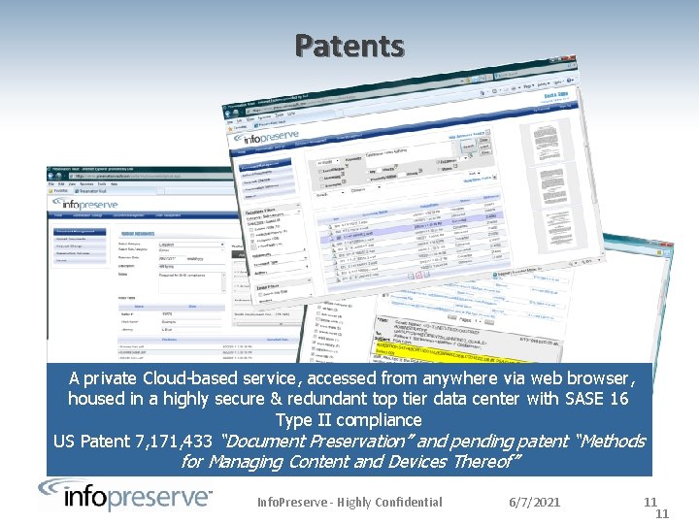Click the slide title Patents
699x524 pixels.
coord(349,46)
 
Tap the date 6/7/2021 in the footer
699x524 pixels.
coord(534,502)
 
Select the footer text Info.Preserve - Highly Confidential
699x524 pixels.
coord(349,502)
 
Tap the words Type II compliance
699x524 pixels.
coord(349,420)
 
